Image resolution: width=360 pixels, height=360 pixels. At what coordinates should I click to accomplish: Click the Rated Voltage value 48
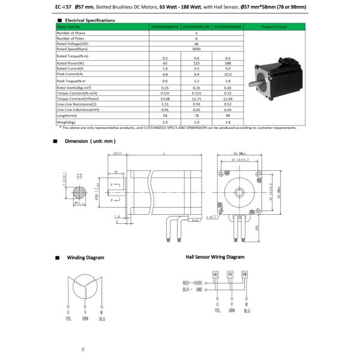[196, 43]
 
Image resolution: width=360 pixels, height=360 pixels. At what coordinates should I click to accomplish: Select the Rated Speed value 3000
[196, 49]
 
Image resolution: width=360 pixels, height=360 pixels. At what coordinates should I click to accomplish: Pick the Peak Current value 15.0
[227, 74]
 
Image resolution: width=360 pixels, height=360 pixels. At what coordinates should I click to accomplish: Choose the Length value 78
[196, 116]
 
